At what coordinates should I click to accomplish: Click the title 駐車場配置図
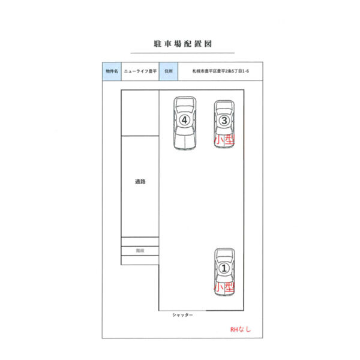point(183,44)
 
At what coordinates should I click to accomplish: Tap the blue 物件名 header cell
point(112,71)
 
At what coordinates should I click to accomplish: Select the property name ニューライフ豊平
point(140,71)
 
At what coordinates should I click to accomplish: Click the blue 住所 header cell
point(169,71)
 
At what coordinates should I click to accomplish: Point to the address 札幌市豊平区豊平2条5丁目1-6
point(220,71)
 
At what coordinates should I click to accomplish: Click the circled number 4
point(185,120)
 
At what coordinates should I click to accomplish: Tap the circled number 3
point(224,121)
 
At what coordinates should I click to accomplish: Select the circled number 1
point(224,268)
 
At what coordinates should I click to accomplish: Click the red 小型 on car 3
point(224,140)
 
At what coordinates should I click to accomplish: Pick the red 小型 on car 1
point(224,287)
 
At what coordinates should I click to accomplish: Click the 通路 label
point(140,182)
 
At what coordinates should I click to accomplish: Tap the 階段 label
point(140,250)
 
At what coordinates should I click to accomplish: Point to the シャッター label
point(182,315)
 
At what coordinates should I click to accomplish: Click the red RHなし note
point(241,329)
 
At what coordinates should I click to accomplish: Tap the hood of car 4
point(185,142)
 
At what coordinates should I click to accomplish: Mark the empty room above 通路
point(140,113)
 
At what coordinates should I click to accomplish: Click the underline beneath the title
point(183,53)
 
